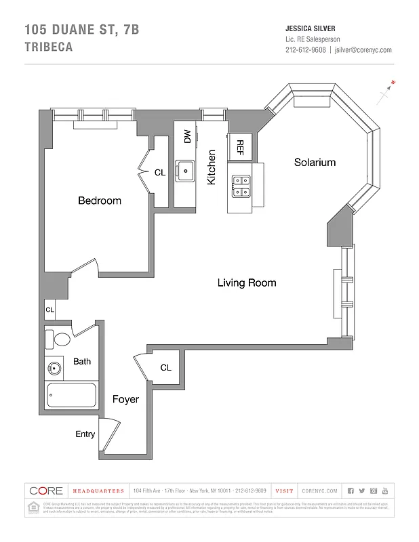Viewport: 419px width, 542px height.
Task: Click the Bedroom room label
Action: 99,201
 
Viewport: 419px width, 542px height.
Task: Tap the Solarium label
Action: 314,163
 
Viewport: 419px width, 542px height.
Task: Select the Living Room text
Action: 246,283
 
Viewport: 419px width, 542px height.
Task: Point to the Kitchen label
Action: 212,167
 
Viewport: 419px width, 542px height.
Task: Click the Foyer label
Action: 125,399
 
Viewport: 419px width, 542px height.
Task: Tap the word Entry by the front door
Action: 85,434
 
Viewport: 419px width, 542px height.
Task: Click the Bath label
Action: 82,361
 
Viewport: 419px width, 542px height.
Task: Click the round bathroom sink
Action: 54,369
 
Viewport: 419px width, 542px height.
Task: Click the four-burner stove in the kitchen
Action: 241,186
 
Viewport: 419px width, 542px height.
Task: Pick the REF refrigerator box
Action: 240,146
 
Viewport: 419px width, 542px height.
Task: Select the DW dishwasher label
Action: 187,136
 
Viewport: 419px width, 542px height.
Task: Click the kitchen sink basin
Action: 185,169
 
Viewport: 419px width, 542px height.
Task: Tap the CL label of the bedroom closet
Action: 159,173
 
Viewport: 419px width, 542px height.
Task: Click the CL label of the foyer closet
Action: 166,367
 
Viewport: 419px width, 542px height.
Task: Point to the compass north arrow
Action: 388,90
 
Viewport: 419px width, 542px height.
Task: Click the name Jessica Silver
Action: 311,28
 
